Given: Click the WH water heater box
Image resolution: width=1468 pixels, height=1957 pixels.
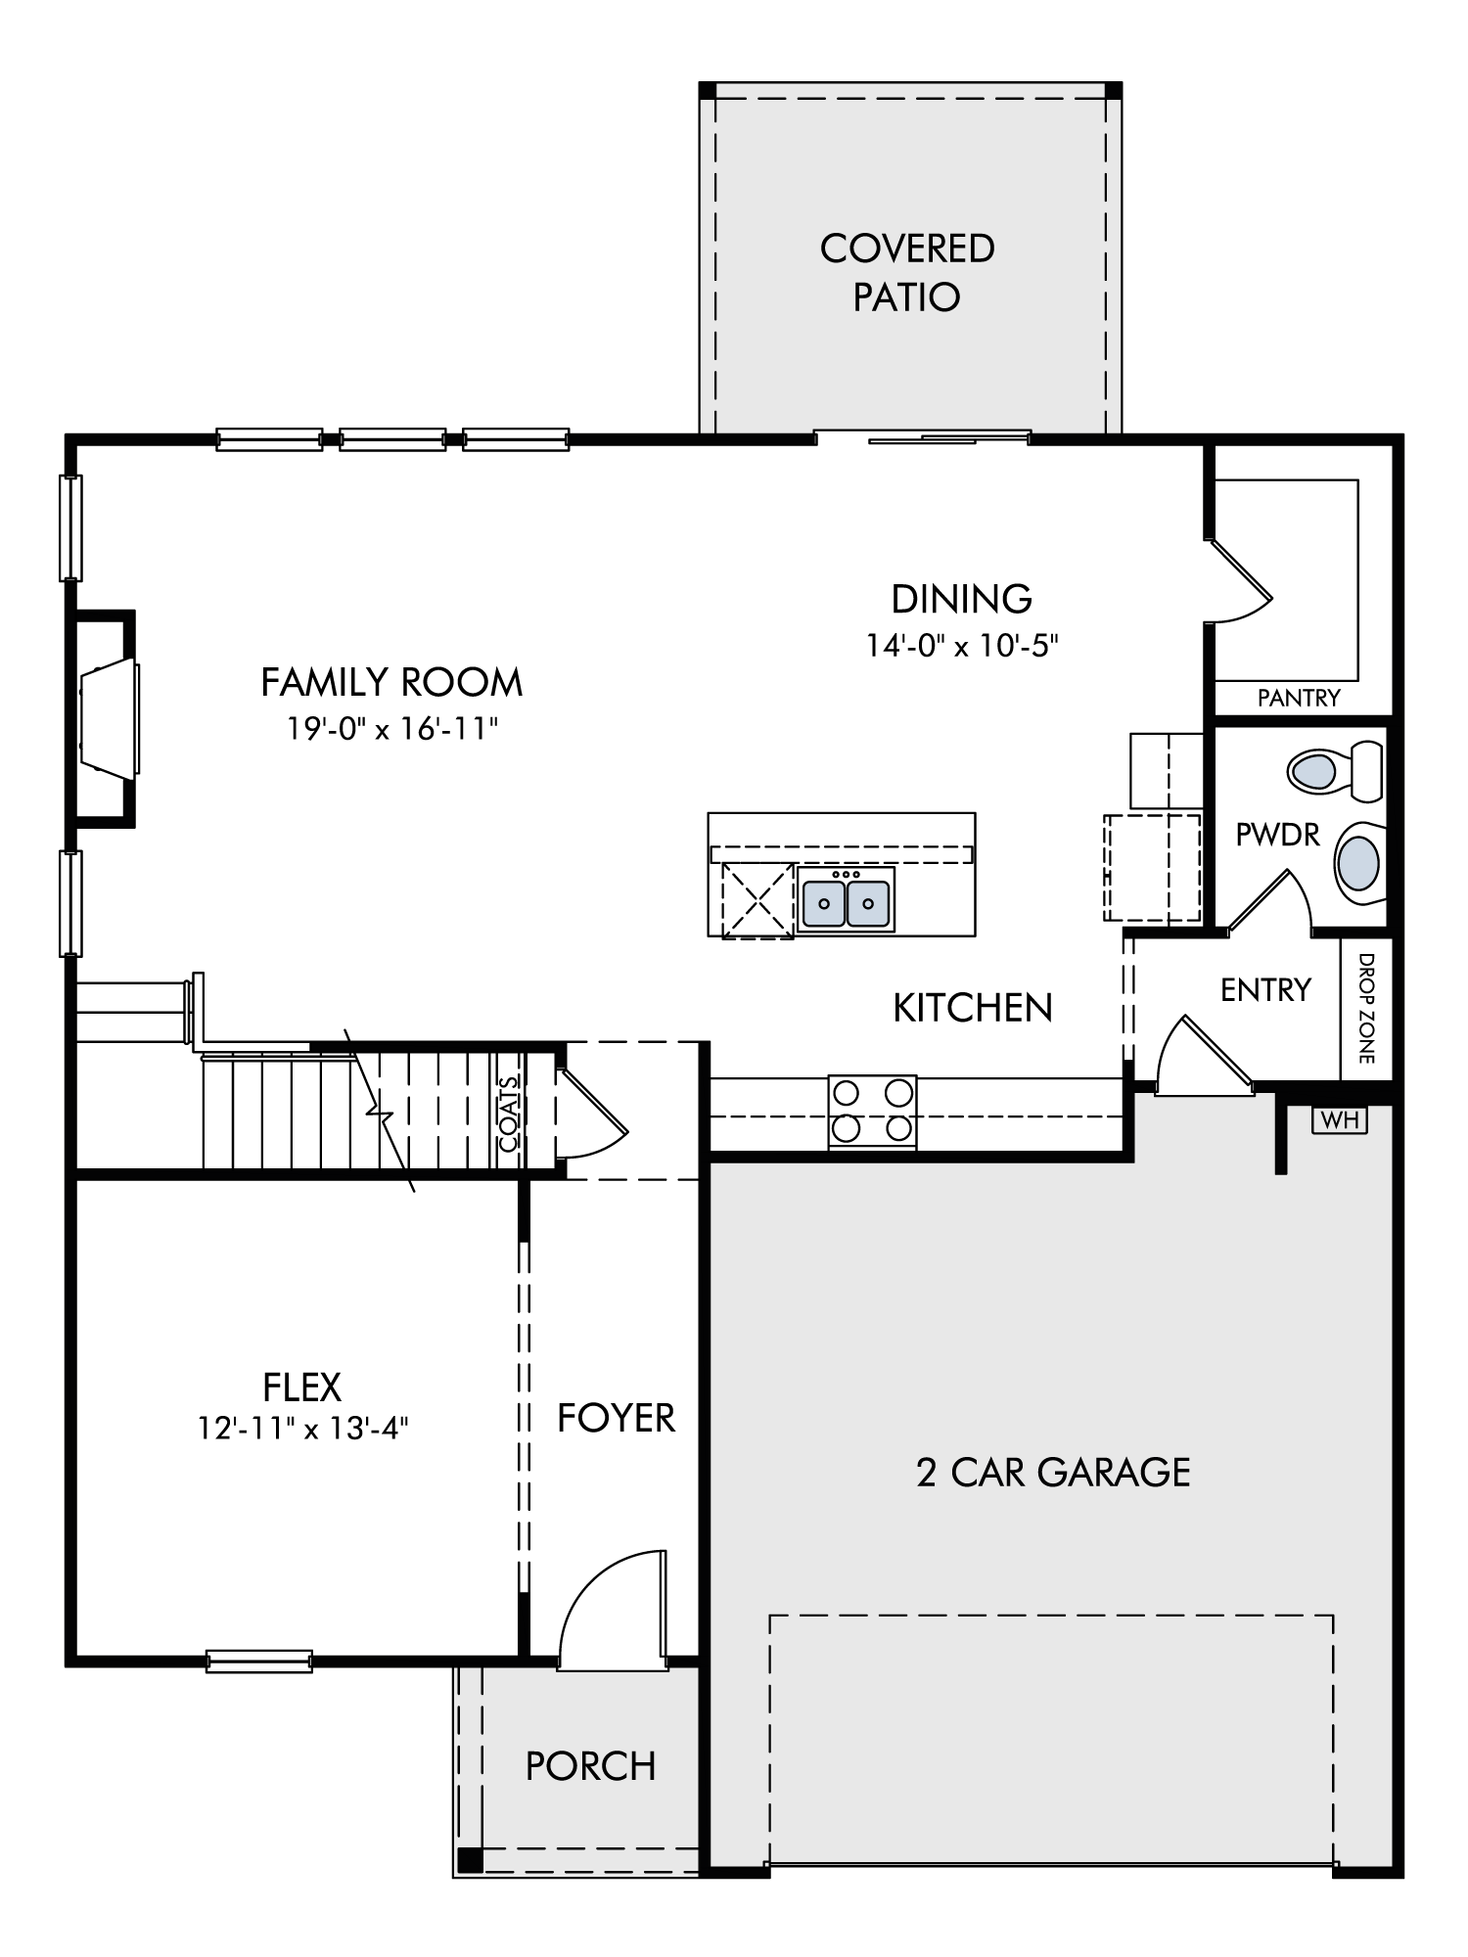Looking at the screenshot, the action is (x=1340, y=1119).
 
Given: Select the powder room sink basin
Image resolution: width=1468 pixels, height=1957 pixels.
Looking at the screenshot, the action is (x=1359, y=862).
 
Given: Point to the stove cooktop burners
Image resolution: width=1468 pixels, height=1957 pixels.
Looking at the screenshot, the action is (x=873, y=1112).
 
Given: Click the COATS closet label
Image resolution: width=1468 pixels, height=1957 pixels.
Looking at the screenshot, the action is (x=509, y=1113).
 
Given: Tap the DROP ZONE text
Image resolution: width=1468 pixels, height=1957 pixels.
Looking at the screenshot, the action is (x=1367, y=1008).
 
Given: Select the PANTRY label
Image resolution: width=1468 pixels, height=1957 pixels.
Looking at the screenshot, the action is (x=1299, y=698).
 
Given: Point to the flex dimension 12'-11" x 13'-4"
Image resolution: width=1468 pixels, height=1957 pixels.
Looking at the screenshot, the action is (x=302, y=1430).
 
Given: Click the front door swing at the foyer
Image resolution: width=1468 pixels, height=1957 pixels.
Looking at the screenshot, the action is (x=614, y=1608).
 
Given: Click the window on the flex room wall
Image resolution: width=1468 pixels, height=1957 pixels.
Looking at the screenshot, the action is (x=259, y=1661).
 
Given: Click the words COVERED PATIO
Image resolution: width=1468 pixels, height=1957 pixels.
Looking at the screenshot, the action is (x=907, y=272).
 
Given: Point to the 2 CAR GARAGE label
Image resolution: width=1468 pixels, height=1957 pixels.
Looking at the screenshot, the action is (x=1053, y=1499).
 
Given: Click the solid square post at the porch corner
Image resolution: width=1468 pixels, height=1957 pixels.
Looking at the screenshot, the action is (x=471, y=1859).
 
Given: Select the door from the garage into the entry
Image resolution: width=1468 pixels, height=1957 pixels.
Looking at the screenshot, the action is (x=1206, y=1056).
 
